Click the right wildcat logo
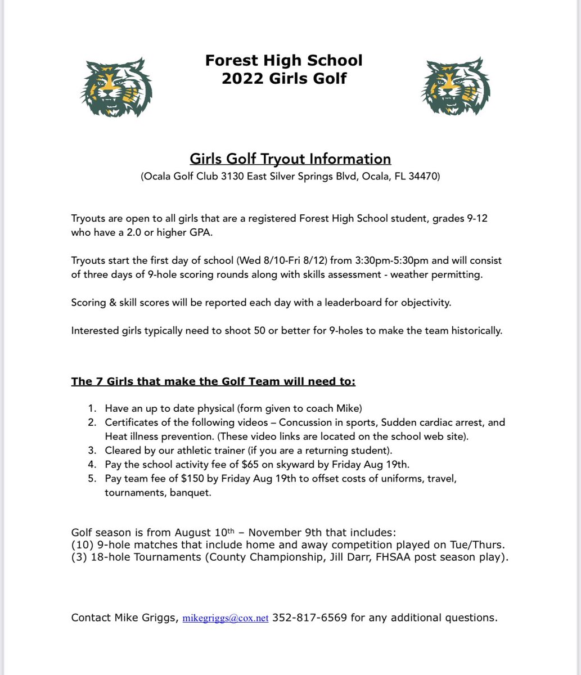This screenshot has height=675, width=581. tap(456, 87)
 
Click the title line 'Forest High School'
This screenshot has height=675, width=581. tap(283, 60)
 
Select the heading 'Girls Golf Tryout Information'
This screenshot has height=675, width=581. tap(290, 159)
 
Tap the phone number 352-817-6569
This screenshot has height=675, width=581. tap(309, 618)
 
